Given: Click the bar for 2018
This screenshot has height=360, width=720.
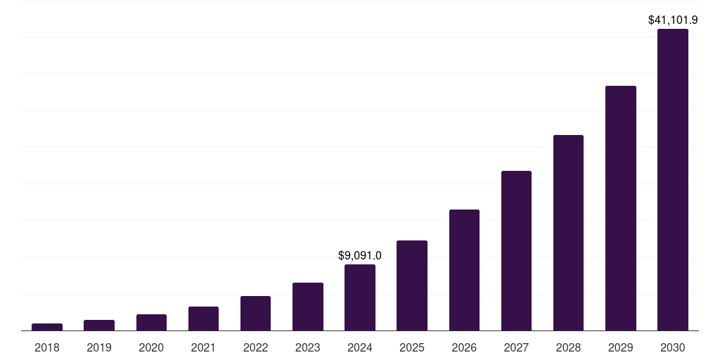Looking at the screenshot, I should [x=47, y=327].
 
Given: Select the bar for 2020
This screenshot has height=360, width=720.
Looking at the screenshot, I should [x=151, y=322].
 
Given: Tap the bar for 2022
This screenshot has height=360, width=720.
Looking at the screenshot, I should [x=255, y=313].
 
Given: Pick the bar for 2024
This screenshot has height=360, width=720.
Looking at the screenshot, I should [x=359, y=297].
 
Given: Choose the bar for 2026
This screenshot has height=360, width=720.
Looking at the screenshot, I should [x=464, y=270].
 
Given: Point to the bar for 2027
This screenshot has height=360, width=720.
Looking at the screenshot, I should [x=516, y=250].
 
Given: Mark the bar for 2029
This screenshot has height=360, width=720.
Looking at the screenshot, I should [x=620, y=208].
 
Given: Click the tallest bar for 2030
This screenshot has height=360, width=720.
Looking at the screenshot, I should [x=672, y=179].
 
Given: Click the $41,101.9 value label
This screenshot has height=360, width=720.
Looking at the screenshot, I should [x=672, y=20].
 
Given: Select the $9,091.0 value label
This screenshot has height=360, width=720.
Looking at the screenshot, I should [x=359, y=256].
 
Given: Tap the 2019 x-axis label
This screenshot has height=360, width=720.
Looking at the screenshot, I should [x=99, y=347].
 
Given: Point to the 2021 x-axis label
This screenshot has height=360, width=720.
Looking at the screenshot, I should [x=203, y=347].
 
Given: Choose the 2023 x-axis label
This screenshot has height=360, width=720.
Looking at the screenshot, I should [x=307, y=347].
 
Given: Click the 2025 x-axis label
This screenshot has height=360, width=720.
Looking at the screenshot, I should [x=411, y=347].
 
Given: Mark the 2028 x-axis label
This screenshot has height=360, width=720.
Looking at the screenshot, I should [x=568, y=347].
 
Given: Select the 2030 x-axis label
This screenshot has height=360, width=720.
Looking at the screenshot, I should [x=672, y=347].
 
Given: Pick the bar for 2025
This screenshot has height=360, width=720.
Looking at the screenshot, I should [x=411, y=285].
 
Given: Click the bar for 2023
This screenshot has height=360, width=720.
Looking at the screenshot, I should [x=307, y=307].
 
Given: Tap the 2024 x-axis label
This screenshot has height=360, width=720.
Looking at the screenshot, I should [x=359, y=347].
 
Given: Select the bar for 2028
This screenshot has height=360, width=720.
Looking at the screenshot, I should [x=568, y=233].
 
